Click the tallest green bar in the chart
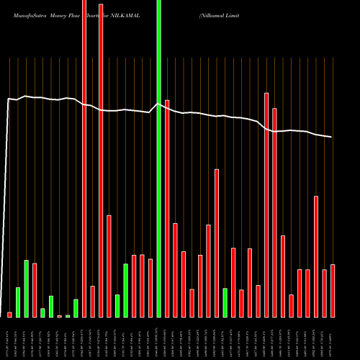[159, 158]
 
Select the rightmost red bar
[333, 291]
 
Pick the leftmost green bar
[18, 302]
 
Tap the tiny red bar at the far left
[9, 315]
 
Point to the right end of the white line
[331, 137]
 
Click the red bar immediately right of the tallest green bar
[167, 209]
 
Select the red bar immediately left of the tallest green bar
[150, 288]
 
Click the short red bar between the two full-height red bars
[93, 302]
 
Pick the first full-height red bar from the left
[84, 158]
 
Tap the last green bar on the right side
[225, 303]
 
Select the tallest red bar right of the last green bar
[266, 205]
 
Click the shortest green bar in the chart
[68, 316]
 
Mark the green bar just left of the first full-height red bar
[76, 308]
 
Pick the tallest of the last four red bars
[316, 256]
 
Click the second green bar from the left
[26, 289]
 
